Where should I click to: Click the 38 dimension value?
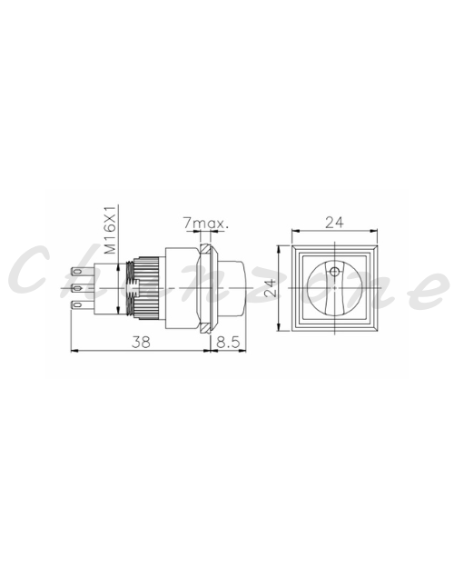(x=141, y=342)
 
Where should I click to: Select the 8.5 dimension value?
(x=229, y=342)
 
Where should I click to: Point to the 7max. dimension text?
(x=205, y=224)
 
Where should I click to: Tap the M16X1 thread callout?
(x=110, y=230)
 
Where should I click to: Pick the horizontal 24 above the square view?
(x=334, y=222)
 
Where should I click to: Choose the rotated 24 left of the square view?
(x=270, y=288)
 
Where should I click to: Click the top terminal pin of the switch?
(x=82, y=271)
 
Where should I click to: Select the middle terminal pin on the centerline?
(x=82, y=288)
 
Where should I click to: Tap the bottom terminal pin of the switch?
(x=82, y=305)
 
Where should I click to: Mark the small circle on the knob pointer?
(x=335, y=272)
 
